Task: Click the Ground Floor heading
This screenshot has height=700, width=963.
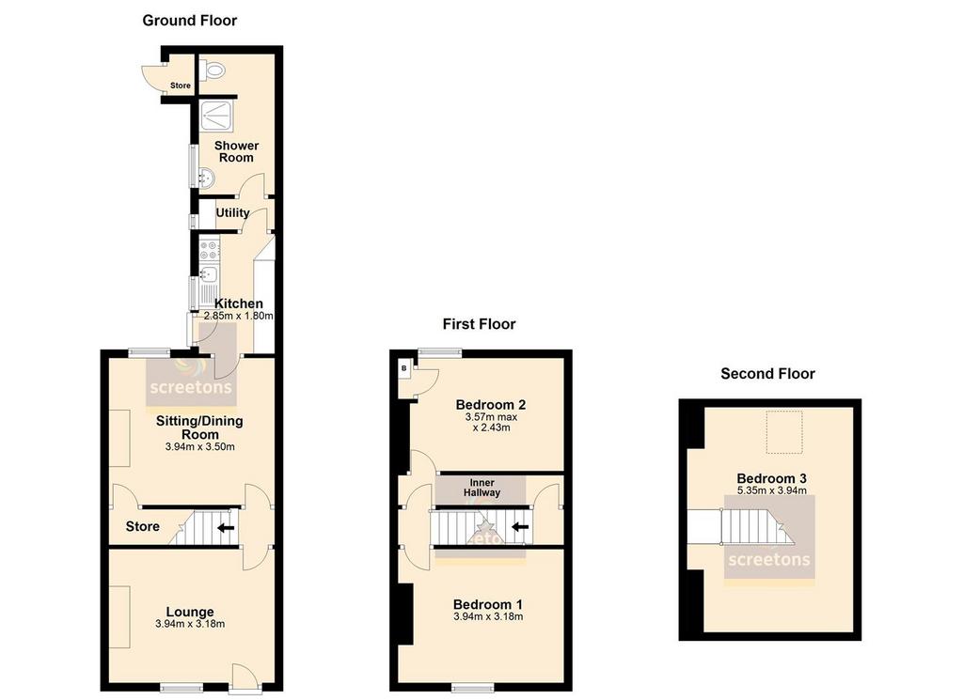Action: (189, 21)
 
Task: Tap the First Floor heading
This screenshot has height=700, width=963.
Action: (479, 324)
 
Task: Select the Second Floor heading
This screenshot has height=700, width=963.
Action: (767, 374)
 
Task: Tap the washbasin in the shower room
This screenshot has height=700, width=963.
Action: (206, 178)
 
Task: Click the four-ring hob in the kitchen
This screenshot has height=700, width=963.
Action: (209, 250)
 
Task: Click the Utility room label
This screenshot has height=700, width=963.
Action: (232, 213)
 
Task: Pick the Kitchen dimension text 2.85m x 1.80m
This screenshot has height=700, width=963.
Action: (238, 316)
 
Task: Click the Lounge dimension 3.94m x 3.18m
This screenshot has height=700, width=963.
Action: (190, 624)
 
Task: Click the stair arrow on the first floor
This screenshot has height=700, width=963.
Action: (520, 526)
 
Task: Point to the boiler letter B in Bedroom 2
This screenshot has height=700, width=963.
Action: (404, 368)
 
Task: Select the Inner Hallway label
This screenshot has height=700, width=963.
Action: (482, 488)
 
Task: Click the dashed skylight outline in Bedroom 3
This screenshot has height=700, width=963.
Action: (784, 432)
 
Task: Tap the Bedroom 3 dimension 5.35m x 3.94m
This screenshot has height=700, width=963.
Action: (772, 490)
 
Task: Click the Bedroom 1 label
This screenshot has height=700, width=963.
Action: (488, 604)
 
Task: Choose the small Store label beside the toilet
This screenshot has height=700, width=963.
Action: (181, 86)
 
